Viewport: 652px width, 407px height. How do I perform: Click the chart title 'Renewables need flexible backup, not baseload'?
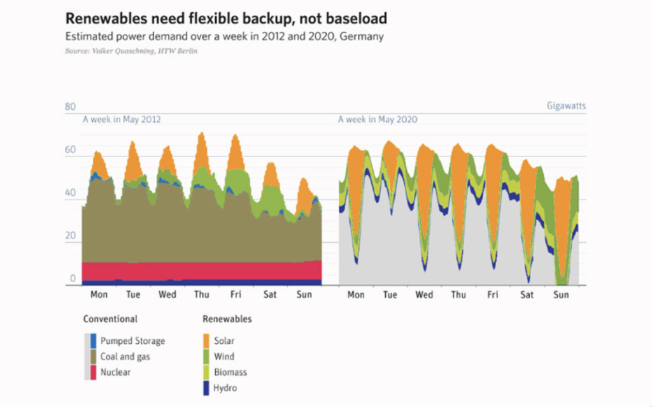tap(226, 17)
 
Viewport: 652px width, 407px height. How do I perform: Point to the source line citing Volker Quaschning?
tap(131, 50)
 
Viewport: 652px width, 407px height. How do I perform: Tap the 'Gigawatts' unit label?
tap(566, 106)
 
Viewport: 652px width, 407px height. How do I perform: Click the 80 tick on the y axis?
tap(70, 107)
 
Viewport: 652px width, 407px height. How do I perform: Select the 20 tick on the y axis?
tap(70, 236)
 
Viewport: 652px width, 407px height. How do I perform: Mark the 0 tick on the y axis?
tap(73, 279)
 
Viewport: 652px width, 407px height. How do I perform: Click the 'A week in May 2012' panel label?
tap(122, 119)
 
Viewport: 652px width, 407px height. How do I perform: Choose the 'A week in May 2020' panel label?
tap(378, 119)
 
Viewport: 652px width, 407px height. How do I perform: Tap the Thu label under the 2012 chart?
tap(201, 295)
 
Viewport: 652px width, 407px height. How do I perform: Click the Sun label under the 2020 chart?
tap(561, 295)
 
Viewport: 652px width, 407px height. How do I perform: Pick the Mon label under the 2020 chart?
tap(356, 295)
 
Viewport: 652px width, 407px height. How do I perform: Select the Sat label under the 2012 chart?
tap(270, 295)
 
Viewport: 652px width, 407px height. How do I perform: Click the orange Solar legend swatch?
tap(206, 341)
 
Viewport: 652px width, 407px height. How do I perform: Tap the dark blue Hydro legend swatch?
tap(206, 387)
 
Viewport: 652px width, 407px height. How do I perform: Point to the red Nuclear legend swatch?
tap(93, 372)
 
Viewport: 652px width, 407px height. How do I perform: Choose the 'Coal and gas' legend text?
tap(125, 357)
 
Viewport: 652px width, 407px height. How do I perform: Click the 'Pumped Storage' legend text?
tap(132, 341)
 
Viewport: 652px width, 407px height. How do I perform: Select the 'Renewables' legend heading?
tap(227, 319)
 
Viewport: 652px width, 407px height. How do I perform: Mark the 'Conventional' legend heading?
tap(110, 319)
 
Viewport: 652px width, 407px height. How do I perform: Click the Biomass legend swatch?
tap(206, 372)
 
